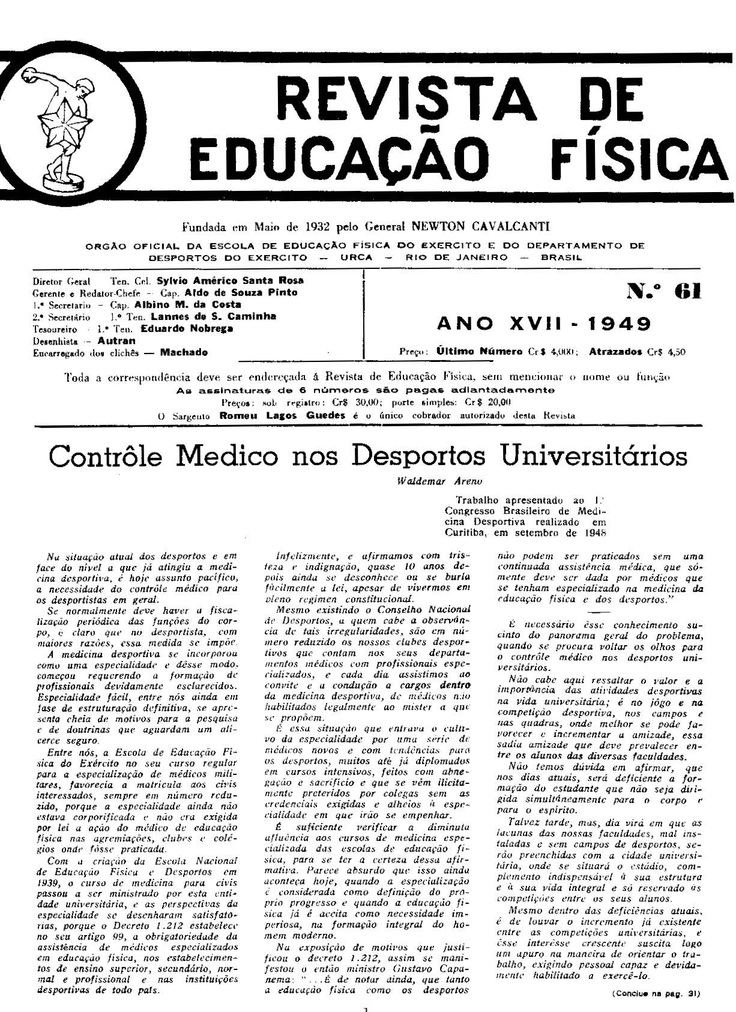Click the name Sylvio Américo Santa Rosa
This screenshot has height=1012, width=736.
pos(230,280)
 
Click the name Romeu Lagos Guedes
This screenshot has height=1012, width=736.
pos(282,415)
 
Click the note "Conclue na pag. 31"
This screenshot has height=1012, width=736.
pos(656,993)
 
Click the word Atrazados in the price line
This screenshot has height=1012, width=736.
pos(615,352)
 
